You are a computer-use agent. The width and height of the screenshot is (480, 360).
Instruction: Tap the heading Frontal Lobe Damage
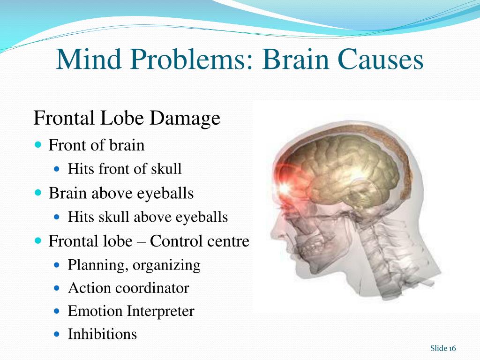127,118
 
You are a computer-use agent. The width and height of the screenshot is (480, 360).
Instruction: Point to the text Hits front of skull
125,169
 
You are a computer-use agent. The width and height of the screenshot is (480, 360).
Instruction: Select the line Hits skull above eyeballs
148,217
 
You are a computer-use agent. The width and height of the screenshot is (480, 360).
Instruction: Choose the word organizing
166,265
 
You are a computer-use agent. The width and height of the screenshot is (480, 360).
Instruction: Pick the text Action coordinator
128,288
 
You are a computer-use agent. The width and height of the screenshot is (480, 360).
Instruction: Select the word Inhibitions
102,334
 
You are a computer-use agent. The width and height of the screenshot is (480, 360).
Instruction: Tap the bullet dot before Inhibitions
58,334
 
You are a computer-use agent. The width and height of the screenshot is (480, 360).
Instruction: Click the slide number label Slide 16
443,348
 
